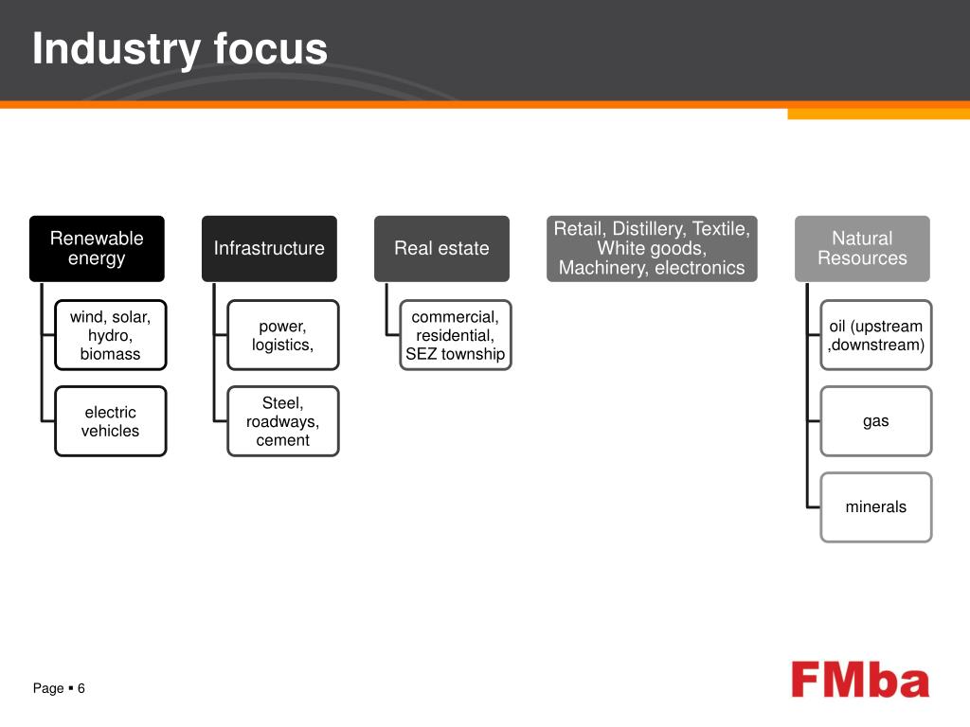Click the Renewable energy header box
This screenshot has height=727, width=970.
click(97, 248)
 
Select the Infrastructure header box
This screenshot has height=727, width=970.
click(269, 248)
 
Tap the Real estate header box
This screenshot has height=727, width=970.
click(441, 248)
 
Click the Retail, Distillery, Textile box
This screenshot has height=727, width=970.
click(652, 248)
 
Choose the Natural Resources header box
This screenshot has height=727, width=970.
click(862, 248)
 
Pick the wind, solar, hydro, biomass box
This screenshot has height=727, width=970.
click(110, 335)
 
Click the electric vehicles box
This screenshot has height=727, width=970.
click(110, 421)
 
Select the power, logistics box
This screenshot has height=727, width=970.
click(282, 335)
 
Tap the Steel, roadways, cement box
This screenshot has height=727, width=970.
click(282, 421)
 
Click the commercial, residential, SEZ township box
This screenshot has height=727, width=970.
click(456, 335)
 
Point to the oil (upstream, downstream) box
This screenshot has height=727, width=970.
click(876, 335)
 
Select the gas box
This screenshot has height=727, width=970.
click(876, 421)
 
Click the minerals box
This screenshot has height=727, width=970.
click(876, 507)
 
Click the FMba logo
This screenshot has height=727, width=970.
click(860, 681)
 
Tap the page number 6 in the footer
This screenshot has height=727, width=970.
click(81, 688)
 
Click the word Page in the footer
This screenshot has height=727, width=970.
click(48, 688)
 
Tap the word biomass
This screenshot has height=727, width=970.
click(110, 354)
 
